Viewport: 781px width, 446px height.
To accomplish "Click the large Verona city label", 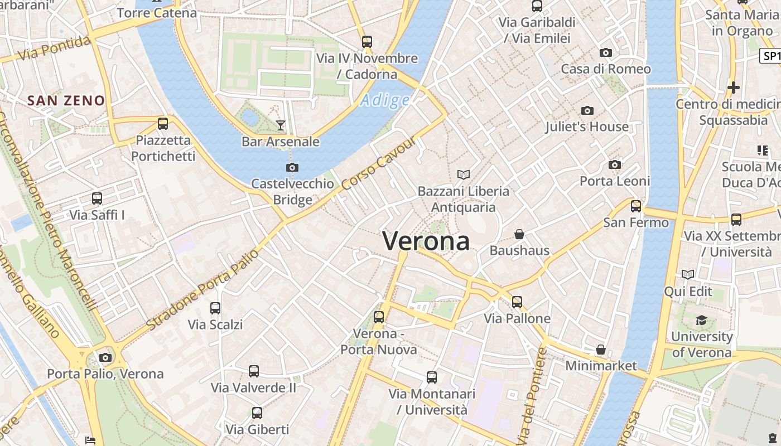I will pyautogui.click(x=426, y=241).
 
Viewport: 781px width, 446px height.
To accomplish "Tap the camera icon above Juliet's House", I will pyautogui.click(x=587, y=111).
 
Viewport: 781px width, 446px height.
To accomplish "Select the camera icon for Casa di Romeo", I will pyautogui.click(x=605, y=53).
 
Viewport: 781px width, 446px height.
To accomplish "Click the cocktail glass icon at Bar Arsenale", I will pyautogui.click(x=281, y=125).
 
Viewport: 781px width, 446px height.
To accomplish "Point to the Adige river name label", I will pyautogui.click(x=385, y=100).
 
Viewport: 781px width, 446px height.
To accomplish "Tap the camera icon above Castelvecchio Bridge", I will pyautogui.click(x=292, y=167).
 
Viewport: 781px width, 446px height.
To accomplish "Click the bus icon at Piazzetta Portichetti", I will pyautogui.click(x=163, y=124).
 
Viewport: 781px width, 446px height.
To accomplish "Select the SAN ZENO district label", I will pyautogui.click(x=66, y=101).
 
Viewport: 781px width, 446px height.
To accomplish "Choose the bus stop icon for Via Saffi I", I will pyautogui.click(x=97, y=198).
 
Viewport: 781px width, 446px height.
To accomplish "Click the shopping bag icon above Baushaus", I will pyautogui.click(x=519, y=234).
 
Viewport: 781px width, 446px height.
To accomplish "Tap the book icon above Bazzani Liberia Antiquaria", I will pyautogui.click(x=464, y=175).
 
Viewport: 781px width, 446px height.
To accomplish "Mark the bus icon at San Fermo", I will pyautogui.click(x=636, y=206).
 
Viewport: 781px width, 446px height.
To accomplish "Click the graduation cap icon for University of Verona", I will pyautogui.click(x=701, y=320).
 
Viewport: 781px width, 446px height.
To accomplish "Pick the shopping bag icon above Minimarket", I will pyautogui.click(x=601, y=350).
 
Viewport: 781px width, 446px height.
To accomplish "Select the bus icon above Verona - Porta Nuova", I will pyautogui.click(x=379, y=317).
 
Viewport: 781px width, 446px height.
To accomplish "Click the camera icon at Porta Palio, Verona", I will pyautogui.click(x=105, y=357).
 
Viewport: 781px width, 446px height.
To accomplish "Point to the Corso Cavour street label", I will pyautogui.click(x=379, y=162).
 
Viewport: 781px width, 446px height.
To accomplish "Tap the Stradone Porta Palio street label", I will pyautogui.click(x=203, y=289).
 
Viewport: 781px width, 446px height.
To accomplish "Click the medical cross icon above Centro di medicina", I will pyautogui.click(x=734, y=88).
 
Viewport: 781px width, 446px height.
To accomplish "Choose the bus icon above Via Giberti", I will pyautogui.click(x=257, y=413).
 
